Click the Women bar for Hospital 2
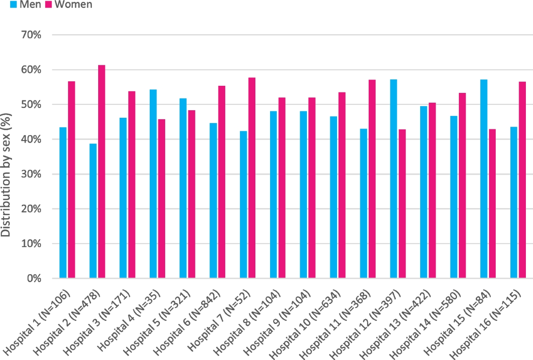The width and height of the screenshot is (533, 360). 102,172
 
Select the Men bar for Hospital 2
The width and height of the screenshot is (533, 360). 93,211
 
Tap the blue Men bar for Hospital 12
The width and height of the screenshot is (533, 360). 394,179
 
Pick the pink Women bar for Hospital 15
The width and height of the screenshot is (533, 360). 492,204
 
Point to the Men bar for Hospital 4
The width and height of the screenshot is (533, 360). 153,184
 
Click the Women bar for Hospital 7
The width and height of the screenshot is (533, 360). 252,178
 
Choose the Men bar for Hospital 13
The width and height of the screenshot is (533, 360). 424,192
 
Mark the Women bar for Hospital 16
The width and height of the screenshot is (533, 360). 522,180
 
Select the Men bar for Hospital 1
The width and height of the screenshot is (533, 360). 63,203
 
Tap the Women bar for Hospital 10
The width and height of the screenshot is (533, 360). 342,185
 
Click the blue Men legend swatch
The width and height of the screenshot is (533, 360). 14,4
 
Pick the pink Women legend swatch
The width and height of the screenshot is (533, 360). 48,4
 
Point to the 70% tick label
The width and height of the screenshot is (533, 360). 31,35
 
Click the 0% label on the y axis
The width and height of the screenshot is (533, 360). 34,278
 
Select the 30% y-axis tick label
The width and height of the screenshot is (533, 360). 31,174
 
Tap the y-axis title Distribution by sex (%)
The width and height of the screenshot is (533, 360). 6,175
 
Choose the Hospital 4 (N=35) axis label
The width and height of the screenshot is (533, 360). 129,320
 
